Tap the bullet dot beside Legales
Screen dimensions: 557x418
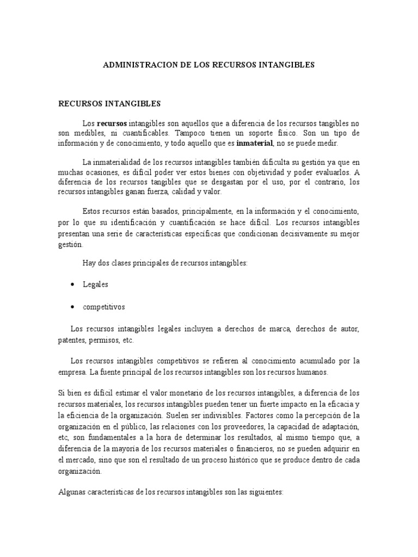click(72, 284)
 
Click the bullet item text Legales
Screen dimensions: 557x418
click(95, 284)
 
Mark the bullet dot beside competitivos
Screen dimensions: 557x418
click(72, 307)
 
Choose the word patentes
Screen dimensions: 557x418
click(71, 340)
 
